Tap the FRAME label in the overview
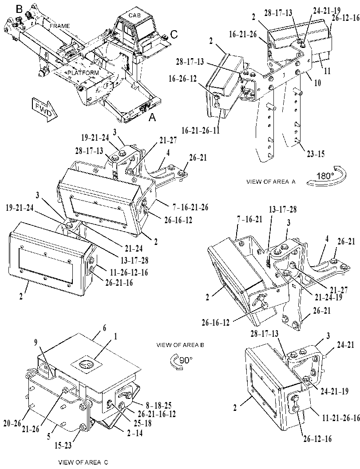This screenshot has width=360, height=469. click(x=59, y=26)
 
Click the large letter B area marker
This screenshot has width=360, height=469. click(x=19, y=9)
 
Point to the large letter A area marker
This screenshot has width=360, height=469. click(x=152, y=118)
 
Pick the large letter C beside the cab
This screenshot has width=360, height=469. click(x=174, y=35)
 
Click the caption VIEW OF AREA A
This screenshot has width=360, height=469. click(x=271, y=181)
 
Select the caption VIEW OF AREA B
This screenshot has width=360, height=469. click(x=180, y=345)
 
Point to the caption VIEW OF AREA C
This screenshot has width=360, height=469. click(x=83, y=462)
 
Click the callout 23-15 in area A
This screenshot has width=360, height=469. click(x=316, y=154)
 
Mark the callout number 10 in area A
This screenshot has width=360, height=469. click(x=317, y=83)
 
